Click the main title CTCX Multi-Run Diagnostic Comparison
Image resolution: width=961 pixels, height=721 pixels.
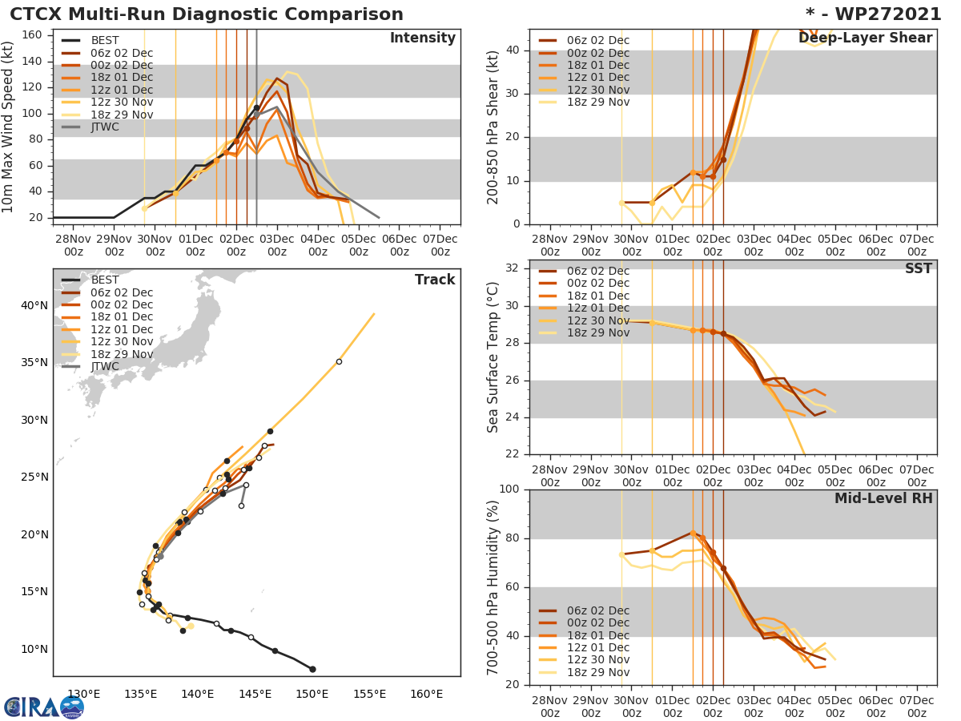(x=207, y=14)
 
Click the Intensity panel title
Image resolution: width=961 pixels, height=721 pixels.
(x=422, y=38)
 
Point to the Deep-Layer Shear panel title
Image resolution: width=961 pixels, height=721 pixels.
(x=865, y=38)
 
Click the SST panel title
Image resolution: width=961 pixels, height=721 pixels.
(x=919, y=269)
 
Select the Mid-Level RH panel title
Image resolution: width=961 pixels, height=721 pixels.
(x=883, y=499)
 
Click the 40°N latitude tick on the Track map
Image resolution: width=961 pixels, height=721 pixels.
(x=34, y=305)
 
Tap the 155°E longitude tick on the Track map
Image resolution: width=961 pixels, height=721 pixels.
(x=369, y=694)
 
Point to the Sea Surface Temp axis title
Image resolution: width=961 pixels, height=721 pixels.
(x=493, y=357)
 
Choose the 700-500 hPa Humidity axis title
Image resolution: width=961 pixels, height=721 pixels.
(x=493, y=587)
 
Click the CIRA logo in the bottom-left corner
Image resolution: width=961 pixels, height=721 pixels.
(x=44, y=707)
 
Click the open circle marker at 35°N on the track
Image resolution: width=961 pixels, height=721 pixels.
(x=339, y=362)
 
